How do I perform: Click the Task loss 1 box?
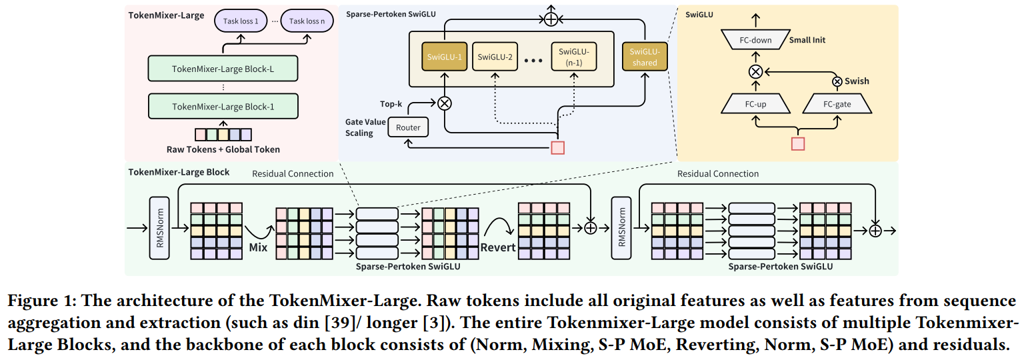click(241, 21)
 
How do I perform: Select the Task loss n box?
click(306, 21)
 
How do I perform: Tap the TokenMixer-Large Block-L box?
click(223, 69)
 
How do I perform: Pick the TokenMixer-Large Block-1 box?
click(223, 107)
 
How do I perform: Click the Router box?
click(409, 127)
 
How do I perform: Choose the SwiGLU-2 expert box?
click(495, 57)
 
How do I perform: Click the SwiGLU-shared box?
click(644, 57)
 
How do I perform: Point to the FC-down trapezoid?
click(755, 40)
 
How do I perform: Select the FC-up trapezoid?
click(755, 105)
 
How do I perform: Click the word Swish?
click(857, 81)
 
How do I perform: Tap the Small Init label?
click(807, 40)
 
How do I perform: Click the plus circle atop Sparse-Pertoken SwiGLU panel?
click(550, 19)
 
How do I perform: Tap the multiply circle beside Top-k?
click(444, 103)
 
